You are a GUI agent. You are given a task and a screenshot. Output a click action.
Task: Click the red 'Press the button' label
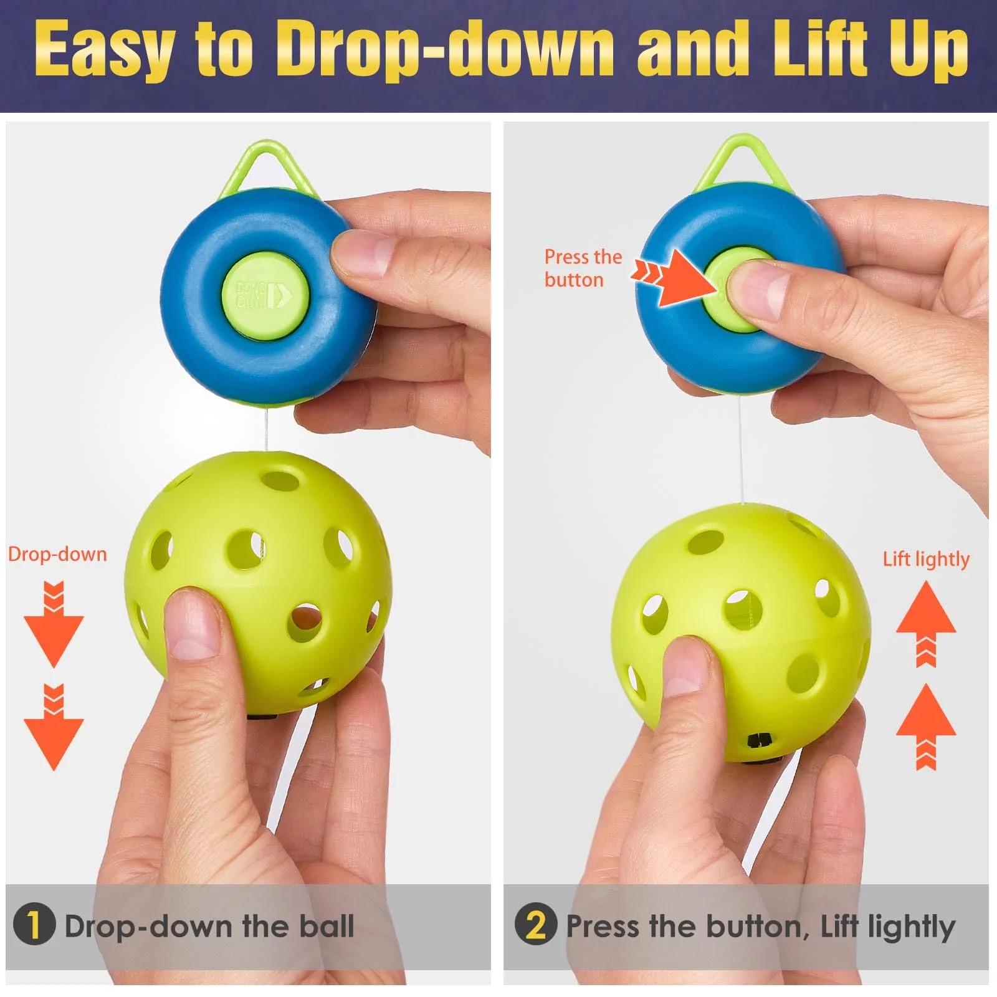[583, 269]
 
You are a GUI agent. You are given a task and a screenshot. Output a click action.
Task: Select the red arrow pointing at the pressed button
[675, 278]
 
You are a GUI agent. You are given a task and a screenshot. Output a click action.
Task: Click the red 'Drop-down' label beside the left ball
[57, 554]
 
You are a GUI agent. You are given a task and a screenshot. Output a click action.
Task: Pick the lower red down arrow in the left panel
[54, 727]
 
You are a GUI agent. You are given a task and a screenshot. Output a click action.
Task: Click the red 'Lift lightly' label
[926, 560]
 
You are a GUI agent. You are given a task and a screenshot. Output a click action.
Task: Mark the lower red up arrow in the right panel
[926, 727]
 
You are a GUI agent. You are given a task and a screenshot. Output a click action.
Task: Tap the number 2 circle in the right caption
[536, 923]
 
